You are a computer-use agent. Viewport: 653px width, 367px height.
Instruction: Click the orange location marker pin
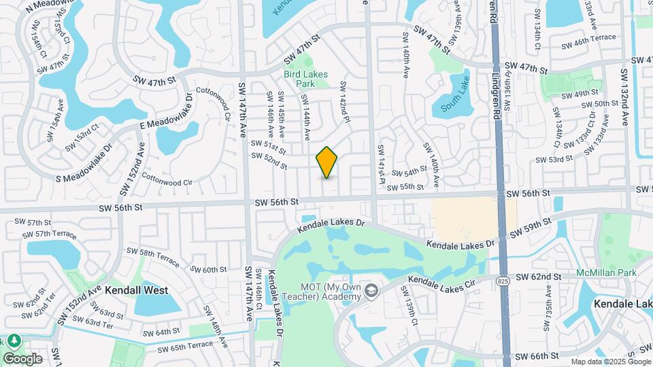tap(326, 162)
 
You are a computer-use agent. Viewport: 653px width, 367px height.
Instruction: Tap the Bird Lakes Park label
tap(305, 79)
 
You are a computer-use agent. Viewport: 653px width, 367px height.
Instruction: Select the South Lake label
tap(455, 102)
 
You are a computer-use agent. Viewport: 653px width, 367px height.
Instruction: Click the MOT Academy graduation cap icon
tap(371, 292)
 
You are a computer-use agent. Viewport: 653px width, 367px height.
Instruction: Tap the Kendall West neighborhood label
tap(136, 290)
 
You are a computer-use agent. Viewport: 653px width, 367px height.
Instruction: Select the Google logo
tap(22, 358)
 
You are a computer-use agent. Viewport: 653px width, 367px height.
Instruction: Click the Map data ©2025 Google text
tap(610, 362)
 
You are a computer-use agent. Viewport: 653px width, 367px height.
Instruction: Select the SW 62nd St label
tap(537, 277)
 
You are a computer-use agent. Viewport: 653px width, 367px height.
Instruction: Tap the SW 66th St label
tap(537, 355)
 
